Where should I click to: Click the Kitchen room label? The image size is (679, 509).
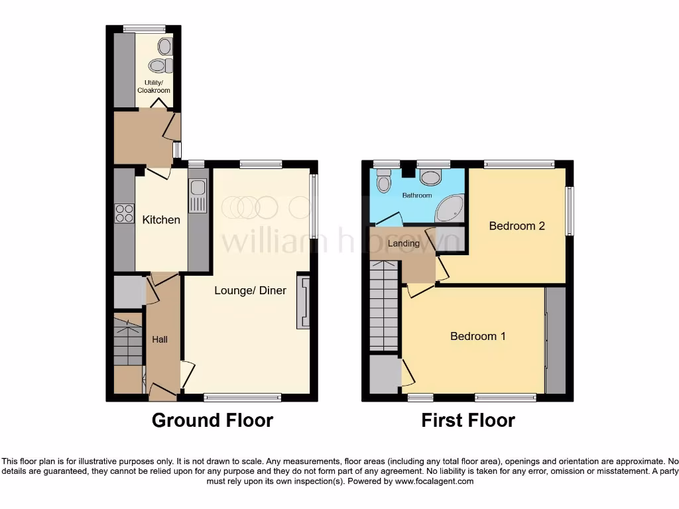(161, 219)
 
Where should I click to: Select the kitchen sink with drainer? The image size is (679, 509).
(198, 196)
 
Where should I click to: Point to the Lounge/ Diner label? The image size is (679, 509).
(250, 290)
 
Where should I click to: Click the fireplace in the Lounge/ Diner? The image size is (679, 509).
(304, 302)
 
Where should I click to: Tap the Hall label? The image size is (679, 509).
(160, 339)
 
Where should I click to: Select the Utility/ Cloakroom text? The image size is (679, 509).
(154, 86)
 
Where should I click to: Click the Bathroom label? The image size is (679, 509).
(416, 196)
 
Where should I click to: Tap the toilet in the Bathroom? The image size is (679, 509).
(431, 177)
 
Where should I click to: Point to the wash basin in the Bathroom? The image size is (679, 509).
(384, 181)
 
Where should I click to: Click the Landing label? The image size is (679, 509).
(404, 243)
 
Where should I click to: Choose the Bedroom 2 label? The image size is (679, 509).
(517, 226)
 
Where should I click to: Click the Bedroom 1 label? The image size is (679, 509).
(477, 336)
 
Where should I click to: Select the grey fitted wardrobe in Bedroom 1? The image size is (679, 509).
(556, 341)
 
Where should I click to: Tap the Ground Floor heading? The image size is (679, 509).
(212, 420)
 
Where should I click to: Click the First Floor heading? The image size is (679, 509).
(467, 420)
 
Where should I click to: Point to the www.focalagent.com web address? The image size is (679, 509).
(434, 482)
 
